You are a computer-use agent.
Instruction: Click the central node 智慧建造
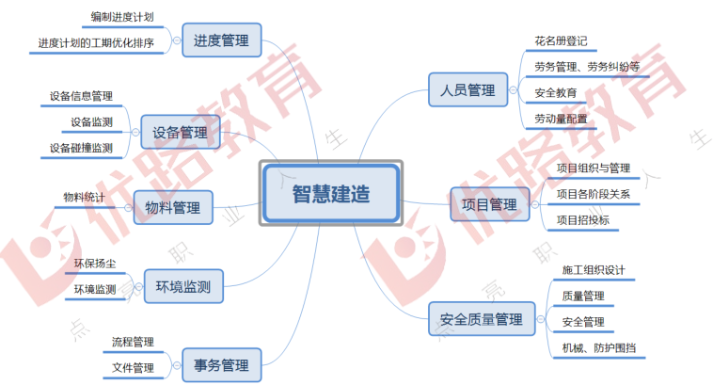(x=329, y=193)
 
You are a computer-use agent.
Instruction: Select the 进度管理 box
(x=221, y=41)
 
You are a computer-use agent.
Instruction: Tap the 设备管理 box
(x=180, y=132)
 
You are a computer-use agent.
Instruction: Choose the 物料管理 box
(x=173, y=207)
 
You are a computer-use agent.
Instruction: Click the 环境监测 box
(x=183, y=285)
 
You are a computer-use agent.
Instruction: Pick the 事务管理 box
(x=221, y=364)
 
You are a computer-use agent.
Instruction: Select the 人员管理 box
(x=467, y=90)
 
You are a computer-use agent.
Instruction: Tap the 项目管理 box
(x=489, y=204)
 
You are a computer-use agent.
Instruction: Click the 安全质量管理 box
(x=481, y=320)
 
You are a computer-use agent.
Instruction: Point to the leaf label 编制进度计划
(x=122, y=17)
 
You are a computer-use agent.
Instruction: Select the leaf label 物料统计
(x=84, y=198)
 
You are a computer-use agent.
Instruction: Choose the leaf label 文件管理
(x=133, y=367)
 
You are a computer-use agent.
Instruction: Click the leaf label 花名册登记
(x=561, y=41)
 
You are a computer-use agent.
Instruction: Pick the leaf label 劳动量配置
(x=561, y=119)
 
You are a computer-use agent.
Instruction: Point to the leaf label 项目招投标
(x=582, y=220)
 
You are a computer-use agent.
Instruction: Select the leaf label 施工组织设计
(x=594, y=270)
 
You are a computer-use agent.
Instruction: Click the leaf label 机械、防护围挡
(x=598, y=347)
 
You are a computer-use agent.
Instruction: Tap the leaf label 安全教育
(x=555, y=92)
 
